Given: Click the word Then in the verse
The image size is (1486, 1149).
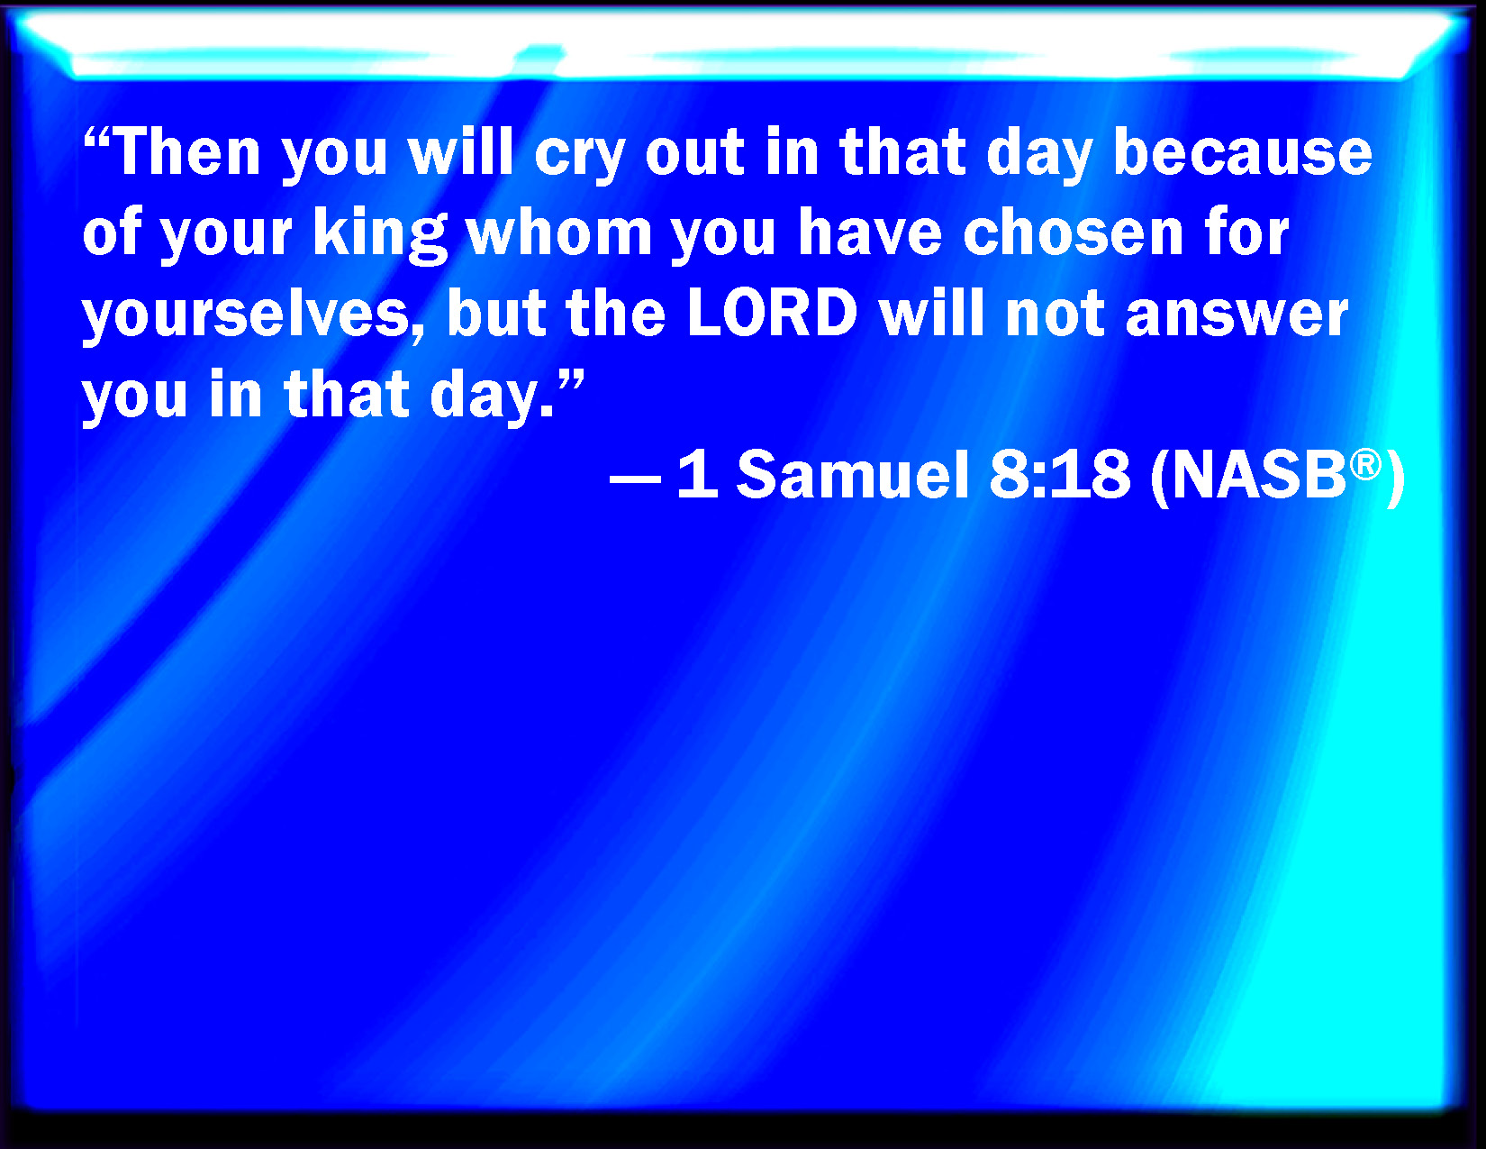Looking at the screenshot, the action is click(186, 151).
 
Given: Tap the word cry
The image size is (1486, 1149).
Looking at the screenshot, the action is click(579, 158).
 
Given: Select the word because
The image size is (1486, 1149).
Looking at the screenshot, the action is click(1243, 151).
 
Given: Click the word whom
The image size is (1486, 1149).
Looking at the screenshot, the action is click(559, 232).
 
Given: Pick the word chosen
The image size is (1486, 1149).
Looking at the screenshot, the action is click(1074, 232).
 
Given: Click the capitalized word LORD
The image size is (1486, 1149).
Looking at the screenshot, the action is click(772, 313).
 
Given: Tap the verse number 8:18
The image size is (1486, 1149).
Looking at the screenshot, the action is click(1060, 474).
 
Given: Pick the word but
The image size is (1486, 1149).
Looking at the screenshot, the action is click(496, 313).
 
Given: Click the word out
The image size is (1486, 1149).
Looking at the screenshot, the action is click(694, 155).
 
